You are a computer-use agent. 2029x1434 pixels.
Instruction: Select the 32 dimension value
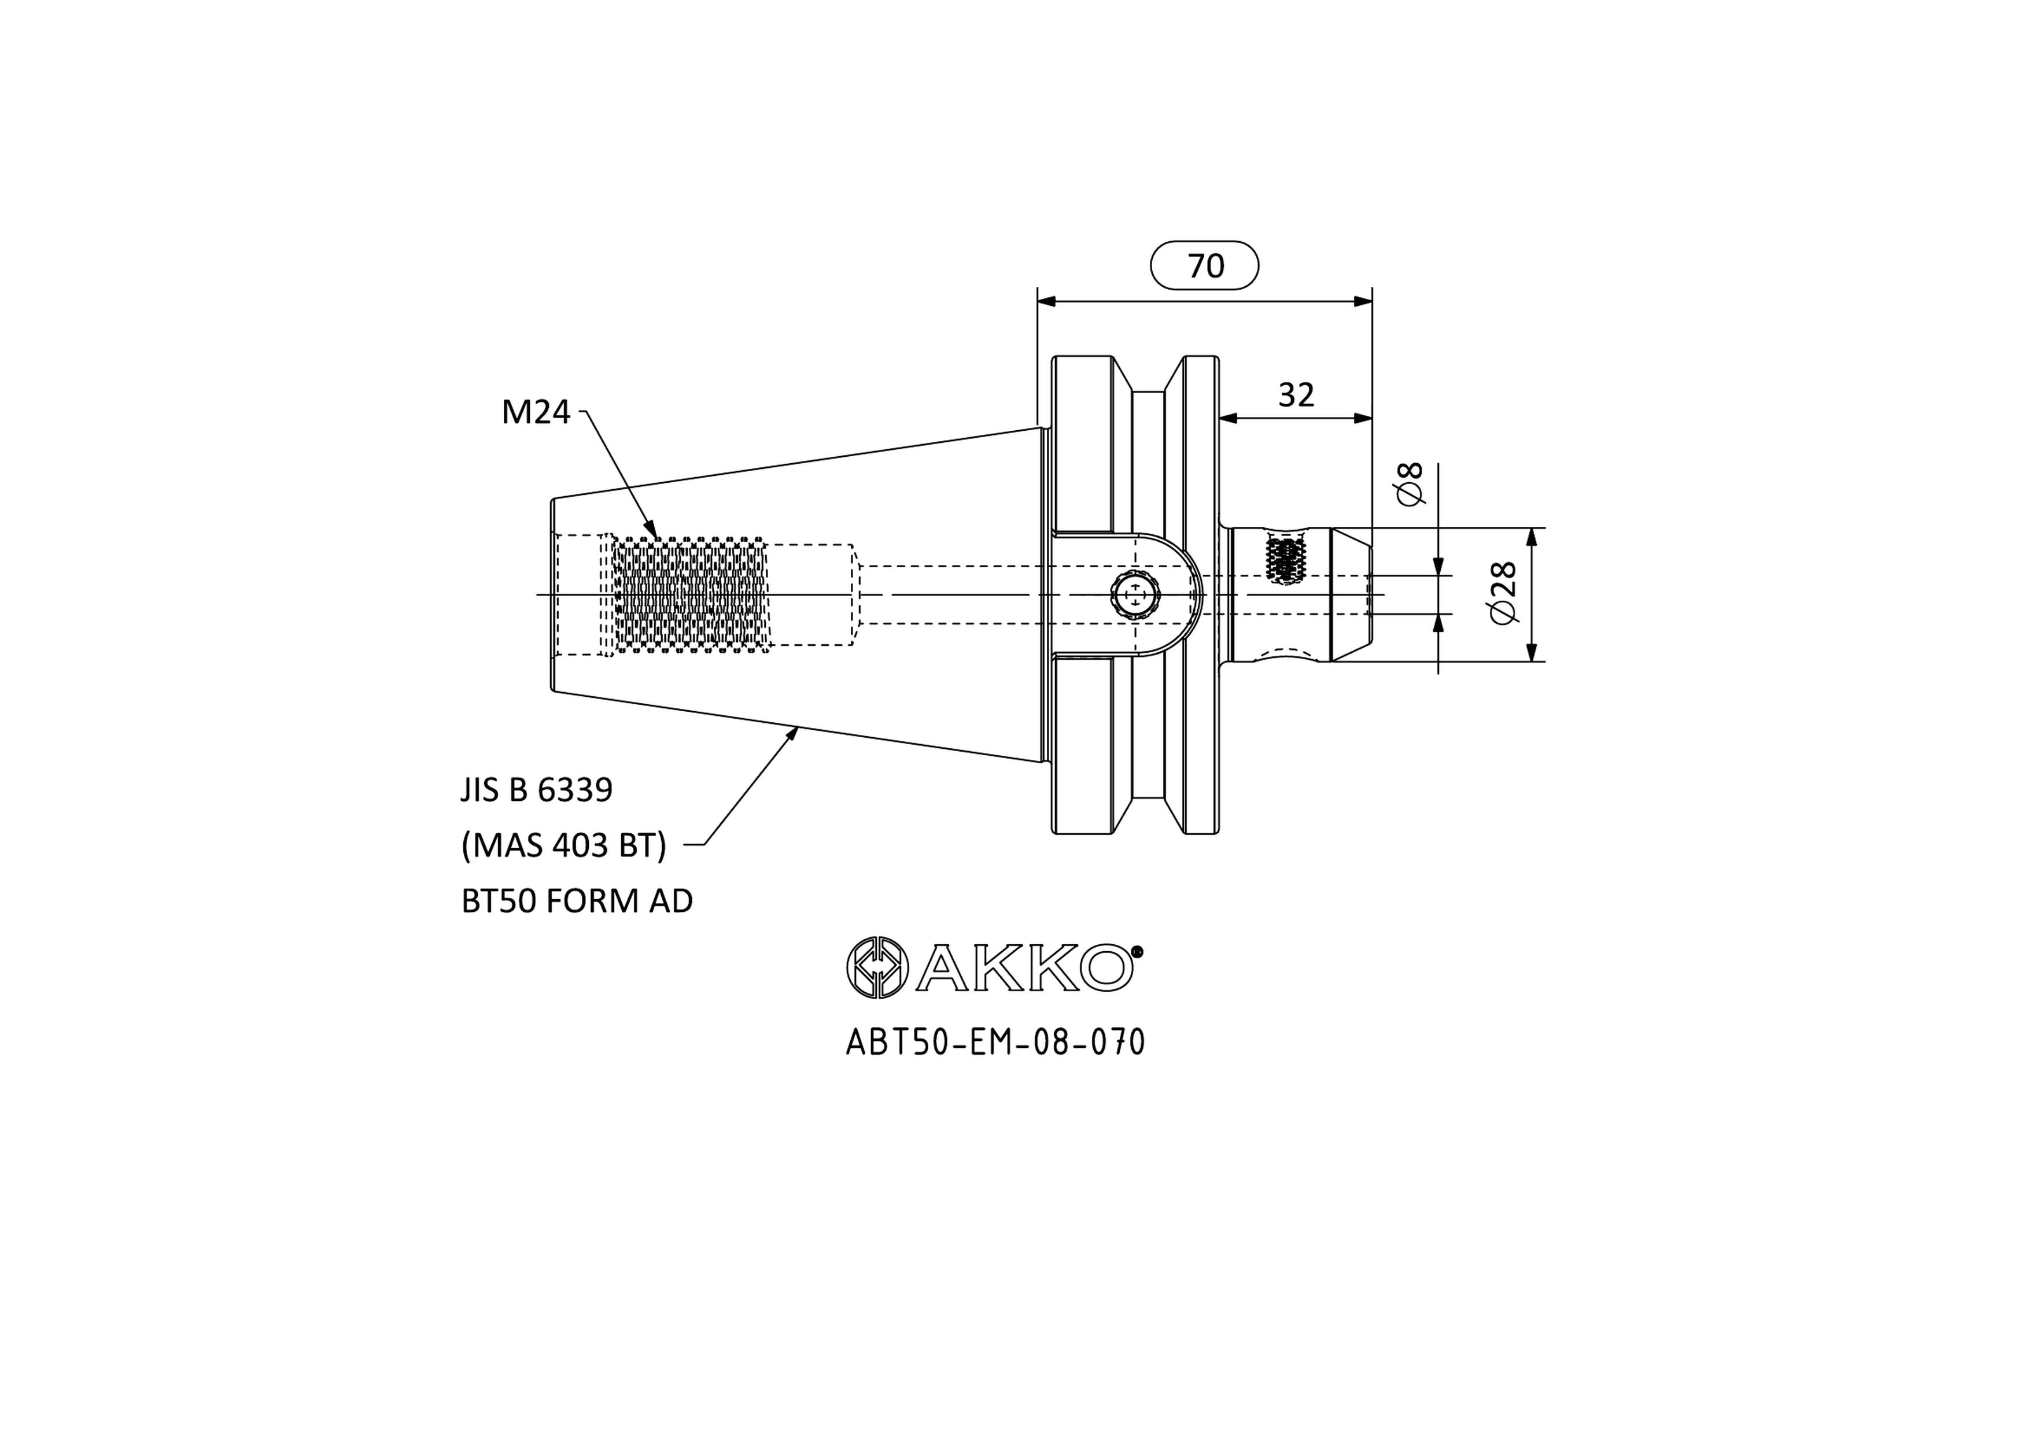[x=1296, y=395]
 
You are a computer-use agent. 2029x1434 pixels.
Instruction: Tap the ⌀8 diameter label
[x=1411, y=483]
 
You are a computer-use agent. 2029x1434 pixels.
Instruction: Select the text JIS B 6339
[x=536, y=790]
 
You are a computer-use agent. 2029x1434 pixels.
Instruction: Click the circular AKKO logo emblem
[x=877, y=967]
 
